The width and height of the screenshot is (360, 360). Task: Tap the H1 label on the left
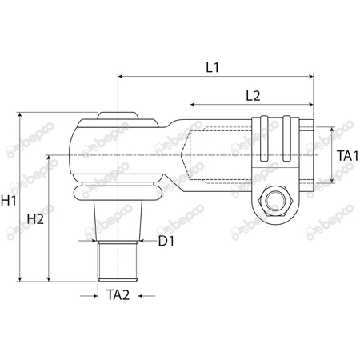point(10,202)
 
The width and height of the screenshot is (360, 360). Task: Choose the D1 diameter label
point(166,240)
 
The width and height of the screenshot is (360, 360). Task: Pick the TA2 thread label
point(118,294)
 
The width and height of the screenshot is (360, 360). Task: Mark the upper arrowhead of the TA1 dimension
point(330,128)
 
